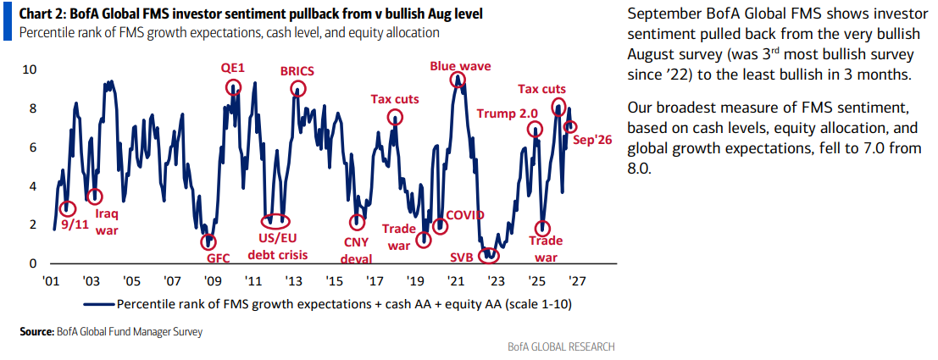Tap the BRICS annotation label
[297, 71]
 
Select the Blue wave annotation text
[461, 66]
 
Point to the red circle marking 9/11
[68, 208]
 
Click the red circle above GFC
[208, 241]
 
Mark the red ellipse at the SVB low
[490, 255]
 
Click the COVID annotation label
[465, 215]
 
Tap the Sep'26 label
[592, 141]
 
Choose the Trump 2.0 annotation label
[502, 113]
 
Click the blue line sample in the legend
[98, 304]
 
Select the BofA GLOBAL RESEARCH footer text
[561, 346]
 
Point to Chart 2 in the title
[36, 14]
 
